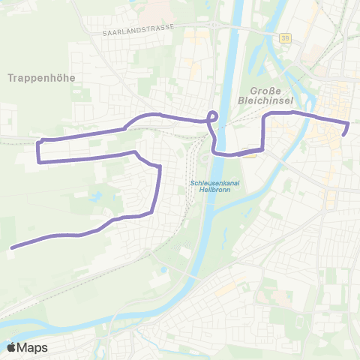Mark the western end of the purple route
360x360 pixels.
[11, 247]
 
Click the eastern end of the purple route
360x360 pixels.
[344, 134]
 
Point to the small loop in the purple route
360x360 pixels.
[212, 116]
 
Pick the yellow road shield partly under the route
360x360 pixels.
[250, 154]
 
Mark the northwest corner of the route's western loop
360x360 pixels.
[40, 140]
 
